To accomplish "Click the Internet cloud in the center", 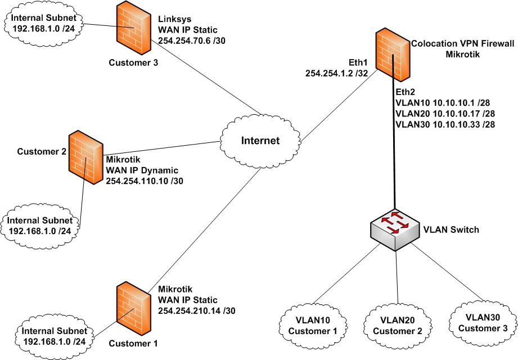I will point(260,140).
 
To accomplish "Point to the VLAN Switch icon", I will point(395,228).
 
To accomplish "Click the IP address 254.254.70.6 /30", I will point(192,41).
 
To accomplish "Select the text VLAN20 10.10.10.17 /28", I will point(442,112).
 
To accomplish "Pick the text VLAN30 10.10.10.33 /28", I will point(442,123).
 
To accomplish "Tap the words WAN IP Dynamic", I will point(142,170).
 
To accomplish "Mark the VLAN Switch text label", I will point(451,229).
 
